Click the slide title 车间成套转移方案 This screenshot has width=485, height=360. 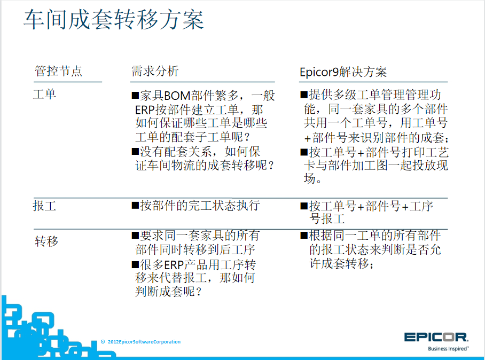point(114,19)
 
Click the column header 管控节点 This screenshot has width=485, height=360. point(58,71)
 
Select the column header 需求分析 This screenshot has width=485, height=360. point(155,71)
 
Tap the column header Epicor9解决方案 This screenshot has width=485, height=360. point(343,72)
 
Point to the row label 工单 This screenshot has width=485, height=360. point(44,94)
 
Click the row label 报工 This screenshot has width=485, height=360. point(44,206)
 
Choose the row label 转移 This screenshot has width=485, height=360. point(46,241)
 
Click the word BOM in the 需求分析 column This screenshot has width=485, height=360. point(177,96)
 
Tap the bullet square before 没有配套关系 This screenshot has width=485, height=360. point(135,152)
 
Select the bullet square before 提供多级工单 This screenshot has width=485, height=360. point(304,95)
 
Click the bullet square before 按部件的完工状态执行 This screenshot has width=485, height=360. point(135,205)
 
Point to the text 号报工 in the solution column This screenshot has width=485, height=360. point(327,219)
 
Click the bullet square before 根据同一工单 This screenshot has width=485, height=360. point(304,236)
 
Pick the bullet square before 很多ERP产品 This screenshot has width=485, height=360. point(135,265)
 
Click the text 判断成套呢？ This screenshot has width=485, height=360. point(169,291)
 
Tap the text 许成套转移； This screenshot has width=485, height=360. point(341,263)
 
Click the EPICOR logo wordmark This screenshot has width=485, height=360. point(436,337)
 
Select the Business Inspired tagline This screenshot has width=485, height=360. point(448,349)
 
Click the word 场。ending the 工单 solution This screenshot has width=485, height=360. point(312,178)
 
